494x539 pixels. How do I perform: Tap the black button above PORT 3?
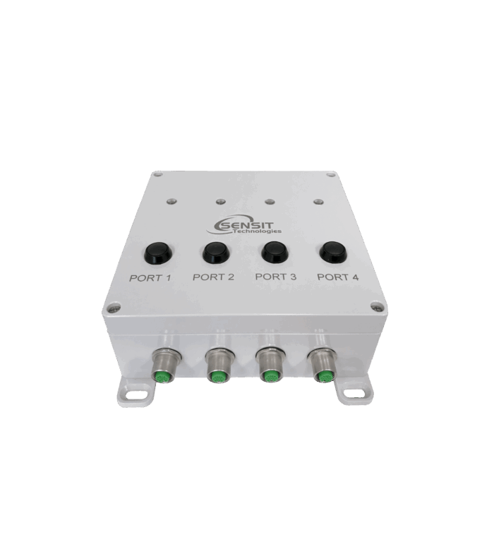click(275, 252)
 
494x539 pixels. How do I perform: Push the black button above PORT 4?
click(333, 252)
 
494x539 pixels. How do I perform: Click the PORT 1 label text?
click(150, 278)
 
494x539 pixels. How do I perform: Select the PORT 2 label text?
click(213, 277)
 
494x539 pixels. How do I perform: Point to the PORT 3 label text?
click(276, 277)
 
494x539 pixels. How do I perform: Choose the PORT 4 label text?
click(337, 277)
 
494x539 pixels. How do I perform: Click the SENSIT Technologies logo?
click(243, 225)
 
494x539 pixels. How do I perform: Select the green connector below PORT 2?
click(216, 377)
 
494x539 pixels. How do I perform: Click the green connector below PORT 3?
click(269, 377)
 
